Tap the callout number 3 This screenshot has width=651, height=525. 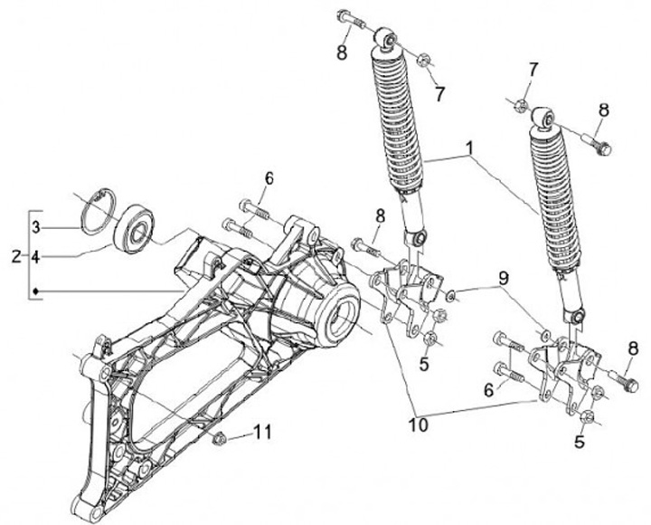(x=36, y=226)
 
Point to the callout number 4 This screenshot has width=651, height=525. (x=36, y=258)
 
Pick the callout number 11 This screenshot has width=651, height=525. (x=262, y=434)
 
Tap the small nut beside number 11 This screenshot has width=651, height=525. (x=220, y=440)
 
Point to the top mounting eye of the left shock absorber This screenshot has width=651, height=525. (x=387, y=40)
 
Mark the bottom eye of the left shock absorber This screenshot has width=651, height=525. (x=416, y=237)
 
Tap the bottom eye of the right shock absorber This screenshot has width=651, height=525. (x=573, y=317)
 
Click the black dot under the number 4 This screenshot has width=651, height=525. (x=36, y=291)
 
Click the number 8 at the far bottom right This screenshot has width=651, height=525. (x=633, y=348)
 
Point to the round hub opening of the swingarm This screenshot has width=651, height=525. (x=344, y=317)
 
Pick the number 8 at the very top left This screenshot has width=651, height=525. (x=341, y=52)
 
